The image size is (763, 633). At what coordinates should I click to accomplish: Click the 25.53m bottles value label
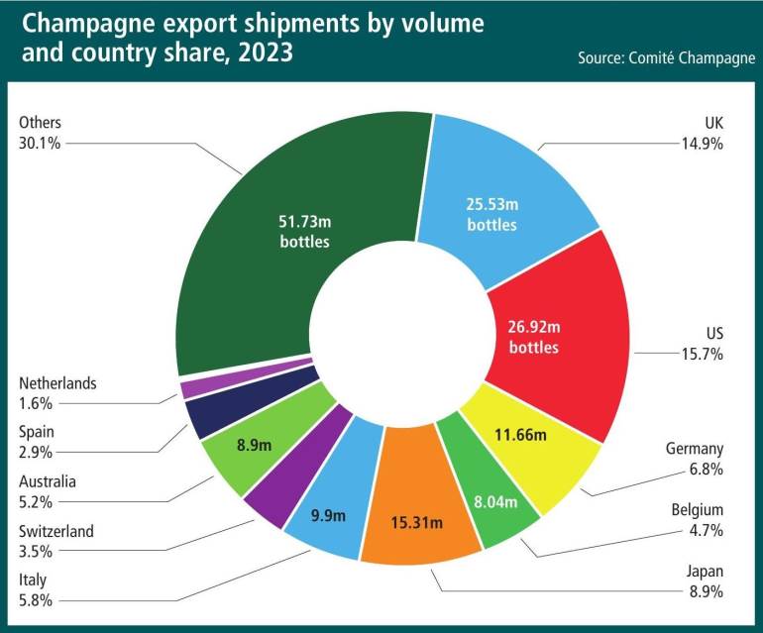pyautogui.click(x=491, y=215)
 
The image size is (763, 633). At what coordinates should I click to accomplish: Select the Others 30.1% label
pyautogui.click(x=41, y=133)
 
